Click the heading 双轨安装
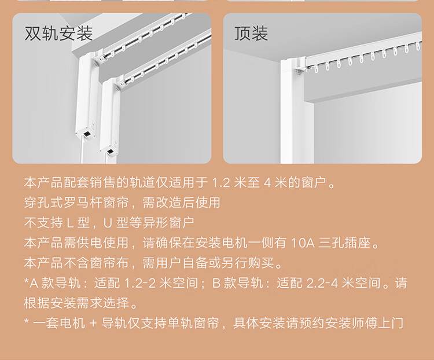[x=58, y=34]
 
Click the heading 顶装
[x=251, y=34]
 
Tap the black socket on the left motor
[x=87, y=134]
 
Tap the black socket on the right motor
[x=111, y=152]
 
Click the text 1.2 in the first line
[x=220, y=182]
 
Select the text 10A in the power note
[x=303, y=243]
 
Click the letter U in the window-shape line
[x=108, y=223]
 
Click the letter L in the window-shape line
[x=70, y=223]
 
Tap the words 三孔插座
[x=344, y=243]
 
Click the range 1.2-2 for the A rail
[x=140, y=283]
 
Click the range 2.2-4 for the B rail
[x=322, y=283]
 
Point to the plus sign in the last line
[x=93, y=323]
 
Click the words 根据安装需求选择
[x=76, y=303]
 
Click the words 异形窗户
[x=168, y=223]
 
